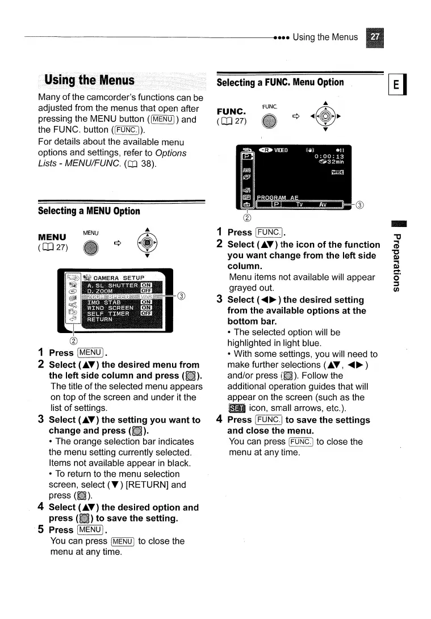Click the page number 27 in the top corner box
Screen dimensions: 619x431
pos(375,37)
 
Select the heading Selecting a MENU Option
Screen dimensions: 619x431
pos(89,211)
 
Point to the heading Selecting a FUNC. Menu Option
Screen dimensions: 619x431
pos(281,82)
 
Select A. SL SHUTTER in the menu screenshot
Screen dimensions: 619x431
pos(112,285)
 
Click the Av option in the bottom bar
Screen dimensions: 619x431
pos(322,205)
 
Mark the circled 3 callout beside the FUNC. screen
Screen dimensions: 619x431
pos(359,205)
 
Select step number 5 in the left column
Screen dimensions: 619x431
pos(40,529)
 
